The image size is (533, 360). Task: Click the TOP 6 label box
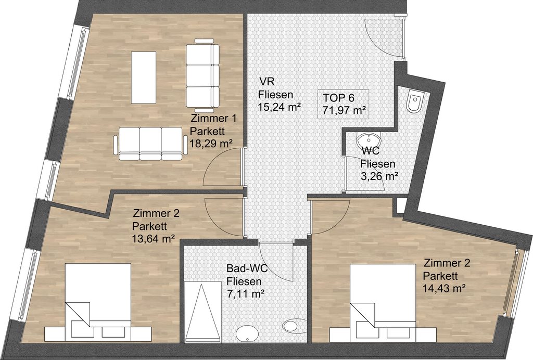[x=343, y=104]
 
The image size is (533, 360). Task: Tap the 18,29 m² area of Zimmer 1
[x=211, y=143]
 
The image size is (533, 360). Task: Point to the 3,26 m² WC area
[x=379, y=176]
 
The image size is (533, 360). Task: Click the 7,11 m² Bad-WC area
[x=246, y=293]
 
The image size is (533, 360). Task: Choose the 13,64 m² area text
[x=154, y=239]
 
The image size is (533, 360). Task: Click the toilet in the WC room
[x=415, y=101]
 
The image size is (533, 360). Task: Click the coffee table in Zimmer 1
[x=144, y=78]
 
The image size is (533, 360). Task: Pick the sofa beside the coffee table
[x=202, y=75]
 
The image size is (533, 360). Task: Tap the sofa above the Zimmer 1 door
[x=150, y=143]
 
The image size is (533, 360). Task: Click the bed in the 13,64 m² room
[x=98, y=302]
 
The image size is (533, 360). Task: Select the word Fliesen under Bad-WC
[x=244, y=281]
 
